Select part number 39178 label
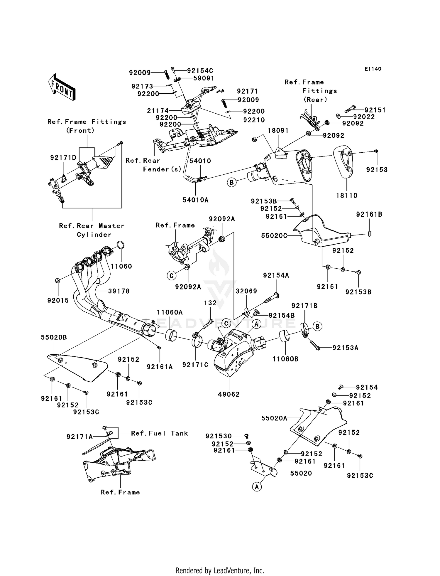(x=119, y=291)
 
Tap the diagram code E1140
(x=373, y=69)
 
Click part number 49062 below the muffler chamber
(x=229, y=394)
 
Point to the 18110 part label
(x=347, y=195)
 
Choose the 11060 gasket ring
(x=121, y=245)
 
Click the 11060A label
(x=170, y=312)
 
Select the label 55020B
(x=54, y=337)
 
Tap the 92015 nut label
(x=58, y=300)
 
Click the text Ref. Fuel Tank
(x=159, y=433)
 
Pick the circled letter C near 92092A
(x=171, y=275)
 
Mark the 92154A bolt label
(x=276, y=275)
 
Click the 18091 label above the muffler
(x=278, y=130)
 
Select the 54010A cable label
(x=195, y=200)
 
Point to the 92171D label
(x=63, y=158)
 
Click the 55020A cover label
(x=274, y=418)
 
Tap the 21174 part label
(x=158, y=111)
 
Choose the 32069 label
(x=246, y=291)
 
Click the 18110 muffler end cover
(x=343, y=161)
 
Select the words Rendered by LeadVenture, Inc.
(x=220, y=570)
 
